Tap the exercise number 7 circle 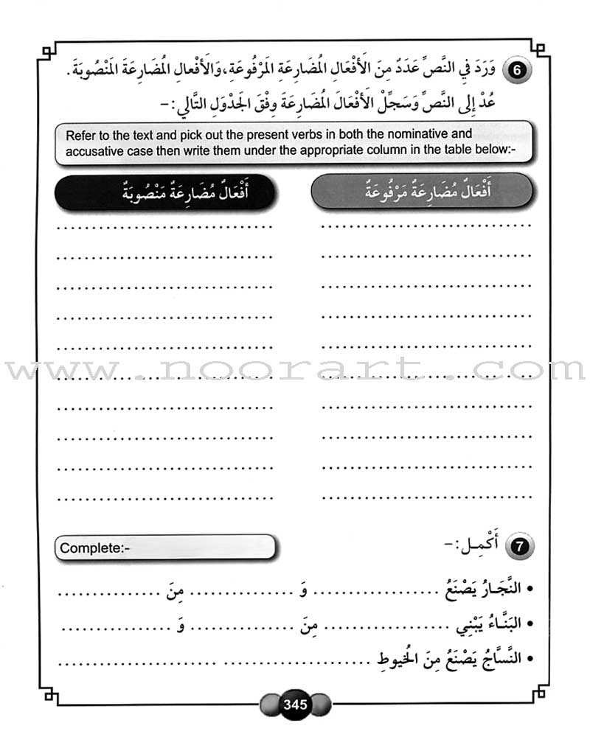[521, 547]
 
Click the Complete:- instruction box [164, 548]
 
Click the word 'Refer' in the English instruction [82, 135]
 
